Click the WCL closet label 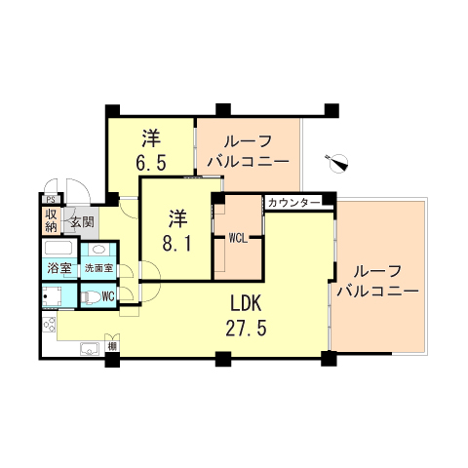pyautogui.click(x=238, y=237)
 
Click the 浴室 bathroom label pyautogui.click(x=58, y=268)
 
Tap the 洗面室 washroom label pyautogui.click(x=97, y=268)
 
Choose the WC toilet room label pyautogui.click(x=108, y=295)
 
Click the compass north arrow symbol pyautogui.click(x=337, y=162)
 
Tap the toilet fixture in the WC pyautogui.click(x=90, y=296)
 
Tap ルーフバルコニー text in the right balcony pyautogui.click(x=376, y=281)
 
